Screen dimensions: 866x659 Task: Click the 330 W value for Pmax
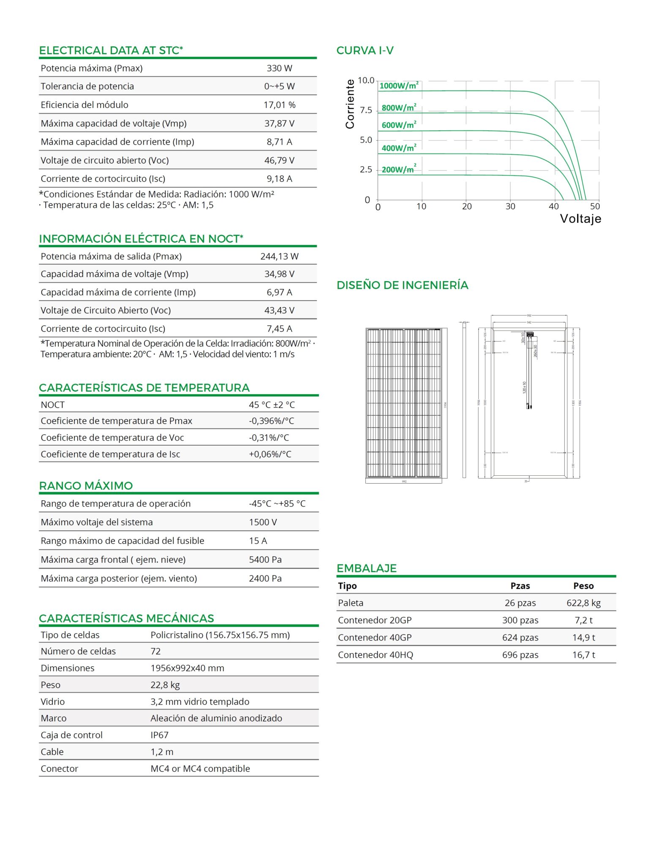click(x=279, y=68)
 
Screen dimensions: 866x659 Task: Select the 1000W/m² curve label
click(x=399, y=85)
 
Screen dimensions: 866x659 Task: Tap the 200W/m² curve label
click(x=399, y=169)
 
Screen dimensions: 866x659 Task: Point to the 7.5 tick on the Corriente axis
click(x=366, y=110)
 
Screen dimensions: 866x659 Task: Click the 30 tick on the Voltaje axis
click(x=510, y=206)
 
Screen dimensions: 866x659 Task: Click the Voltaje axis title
click(x=580, y=219)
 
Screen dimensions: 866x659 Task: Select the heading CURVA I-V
click(x=365, y=51)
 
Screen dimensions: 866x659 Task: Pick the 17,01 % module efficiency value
click(x=279, y=105)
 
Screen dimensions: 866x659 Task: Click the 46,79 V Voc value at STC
click(x=279, y=160)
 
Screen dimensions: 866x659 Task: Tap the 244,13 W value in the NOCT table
click(x=279, y=256)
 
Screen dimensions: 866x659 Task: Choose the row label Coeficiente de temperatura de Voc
click(x=112, y=438)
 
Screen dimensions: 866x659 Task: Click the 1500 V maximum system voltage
click(x=263, y=522)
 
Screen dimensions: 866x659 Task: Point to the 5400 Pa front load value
click(x=265, y=559)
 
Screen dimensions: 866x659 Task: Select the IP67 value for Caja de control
click(x=159, y=735)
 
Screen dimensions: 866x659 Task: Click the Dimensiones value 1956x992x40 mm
click(x=187, y=668)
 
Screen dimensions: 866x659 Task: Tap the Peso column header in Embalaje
click(x=583, y=586)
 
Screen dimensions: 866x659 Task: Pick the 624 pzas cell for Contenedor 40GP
click(x=520, y=637)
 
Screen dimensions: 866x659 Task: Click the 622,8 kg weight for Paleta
click(x=583, y=603)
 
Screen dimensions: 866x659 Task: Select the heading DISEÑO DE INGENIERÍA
click(x=402, y=285)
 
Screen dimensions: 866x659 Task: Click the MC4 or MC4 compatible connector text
click(x=200, y=768)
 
